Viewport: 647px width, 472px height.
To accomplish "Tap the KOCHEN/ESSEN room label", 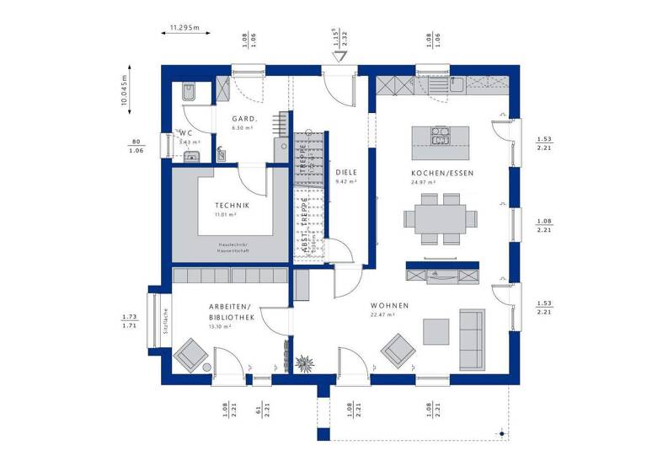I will coord(431,173).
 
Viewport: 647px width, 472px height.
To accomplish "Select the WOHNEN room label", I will coord(389,305).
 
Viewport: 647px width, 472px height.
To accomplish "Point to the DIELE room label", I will coord(346,173).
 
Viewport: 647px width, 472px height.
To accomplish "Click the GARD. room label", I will coord(244,119).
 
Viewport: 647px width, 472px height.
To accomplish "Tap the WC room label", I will coord(185,133).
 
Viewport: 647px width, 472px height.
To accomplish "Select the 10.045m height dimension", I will coord(124,87).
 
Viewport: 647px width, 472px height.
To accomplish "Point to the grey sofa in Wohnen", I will coord(471,338).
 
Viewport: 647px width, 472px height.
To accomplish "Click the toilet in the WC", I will coord(189,92).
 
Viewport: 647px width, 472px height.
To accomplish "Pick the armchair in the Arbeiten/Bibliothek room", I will coord(193,354).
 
